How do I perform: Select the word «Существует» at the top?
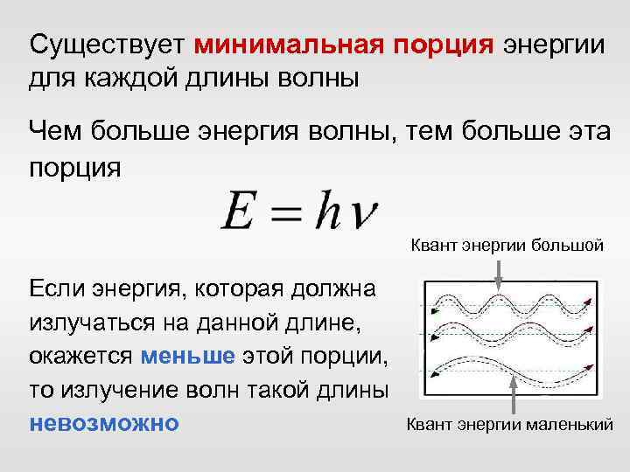[x=108, y=44]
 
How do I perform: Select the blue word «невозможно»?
[x=104, y=422]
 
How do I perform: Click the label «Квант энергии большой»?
[x=507, y=246]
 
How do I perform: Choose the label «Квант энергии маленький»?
[x=507, y=426]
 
